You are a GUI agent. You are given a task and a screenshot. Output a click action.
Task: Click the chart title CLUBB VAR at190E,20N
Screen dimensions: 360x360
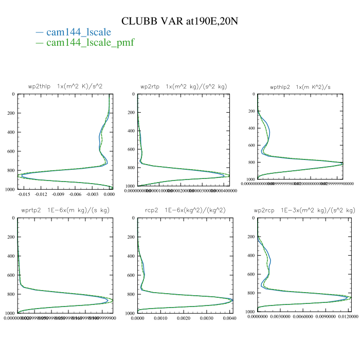[180, 21]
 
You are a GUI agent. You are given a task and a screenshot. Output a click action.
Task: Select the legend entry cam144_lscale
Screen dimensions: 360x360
[78, 32]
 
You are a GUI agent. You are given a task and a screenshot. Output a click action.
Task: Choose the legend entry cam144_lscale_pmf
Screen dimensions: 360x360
[90, 43]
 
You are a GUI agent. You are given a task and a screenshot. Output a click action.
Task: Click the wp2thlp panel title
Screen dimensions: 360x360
[65, 86]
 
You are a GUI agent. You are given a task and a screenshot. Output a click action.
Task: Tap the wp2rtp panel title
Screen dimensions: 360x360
[184, 86]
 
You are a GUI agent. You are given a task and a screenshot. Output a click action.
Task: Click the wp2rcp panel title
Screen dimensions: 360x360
[304, 210]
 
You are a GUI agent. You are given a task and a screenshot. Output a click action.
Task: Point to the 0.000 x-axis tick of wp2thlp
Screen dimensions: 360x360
[109, 194]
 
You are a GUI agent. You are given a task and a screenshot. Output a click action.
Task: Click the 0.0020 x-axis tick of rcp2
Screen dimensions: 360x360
[184, 319]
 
